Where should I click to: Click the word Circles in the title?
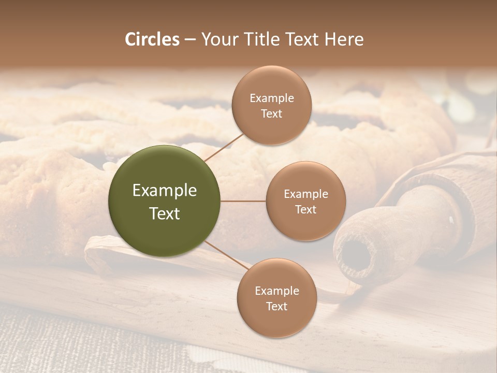click(x=152, y=39)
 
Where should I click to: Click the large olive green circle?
click(x=165, y=201)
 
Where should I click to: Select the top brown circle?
click(x=272, y=105)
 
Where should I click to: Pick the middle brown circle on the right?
click(x=306, y=201)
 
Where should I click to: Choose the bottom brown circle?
click(x=277, y=298)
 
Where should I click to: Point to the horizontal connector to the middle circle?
click(x=243, y=201)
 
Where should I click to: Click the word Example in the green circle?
click(x=165, y=191)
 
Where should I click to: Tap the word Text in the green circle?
click(x=165, y=213)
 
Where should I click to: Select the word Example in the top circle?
click(x=272, y=98)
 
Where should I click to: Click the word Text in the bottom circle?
click(x=277, y=306)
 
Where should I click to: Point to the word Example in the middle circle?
click(x=306, y=194)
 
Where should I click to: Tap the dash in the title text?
click(x=190, y=40)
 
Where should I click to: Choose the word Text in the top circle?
click(x=272, y=113)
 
